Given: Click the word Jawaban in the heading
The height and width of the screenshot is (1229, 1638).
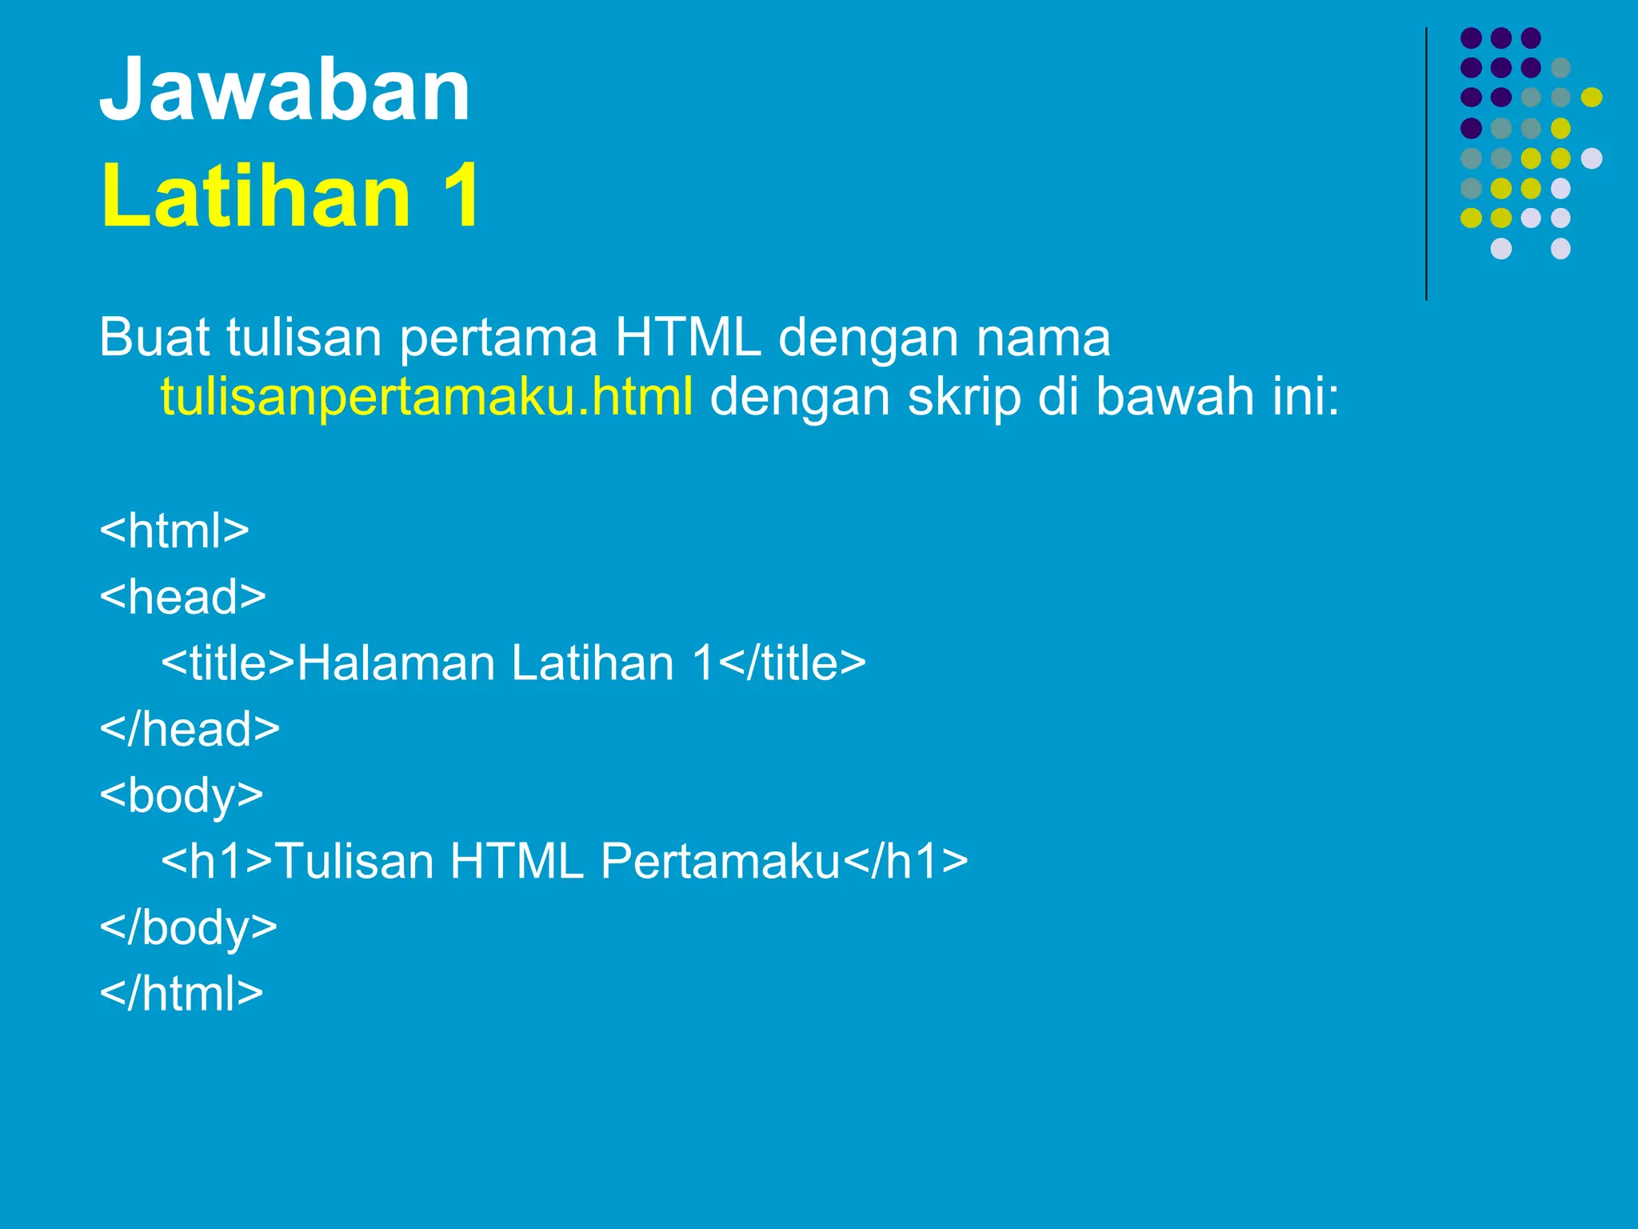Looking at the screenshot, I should click(x=285, y=90).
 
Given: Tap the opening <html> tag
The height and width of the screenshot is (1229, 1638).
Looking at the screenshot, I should click(x=174, y=530).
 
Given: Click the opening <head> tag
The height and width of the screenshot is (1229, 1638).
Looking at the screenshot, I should click(x=182, y=597).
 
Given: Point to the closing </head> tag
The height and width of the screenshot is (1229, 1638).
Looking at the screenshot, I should click(x=190, y=729).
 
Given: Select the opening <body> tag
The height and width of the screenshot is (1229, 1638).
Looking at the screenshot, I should click(x=182, y=795).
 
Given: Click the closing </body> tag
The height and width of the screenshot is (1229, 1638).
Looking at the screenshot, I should click(x=189, y=927).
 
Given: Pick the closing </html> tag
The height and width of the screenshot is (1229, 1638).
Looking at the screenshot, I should click(x=182, y=993).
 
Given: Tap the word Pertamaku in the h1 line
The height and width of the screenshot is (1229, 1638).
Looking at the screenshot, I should click(x=720, y=862).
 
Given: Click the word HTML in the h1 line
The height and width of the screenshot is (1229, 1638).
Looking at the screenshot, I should click(x=516, y=862).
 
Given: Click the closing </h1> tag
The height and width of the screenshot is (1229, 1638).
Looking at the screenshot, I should click(x=905, y=862).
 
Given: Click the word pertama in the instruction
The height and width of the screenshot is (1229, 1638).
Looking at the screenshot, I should click(x=497, y=338).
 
